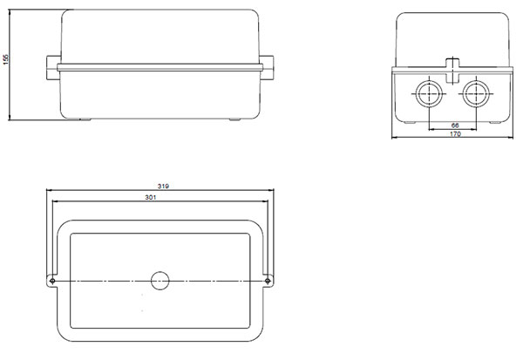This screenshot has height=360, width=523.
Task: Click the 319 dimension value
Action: tap(163, 187)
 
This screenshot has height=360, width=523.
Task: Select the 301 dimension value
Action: tap(151, 197)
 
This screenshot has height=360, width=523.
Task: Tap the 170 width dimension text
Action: tap(455, 133)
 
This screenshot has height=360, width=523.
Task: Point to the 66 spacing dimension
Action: tap(455, 126)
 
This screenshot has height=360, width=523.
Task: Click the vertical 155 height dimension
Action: tap(6, 59)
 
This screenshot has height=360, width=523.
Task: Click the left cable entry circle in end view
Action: tap(429, 94)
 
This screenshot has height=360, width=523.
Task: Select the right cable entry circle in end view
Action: tap(476, 94)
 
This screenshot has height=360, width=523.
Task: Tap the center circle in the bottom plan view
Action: tap(160, 281)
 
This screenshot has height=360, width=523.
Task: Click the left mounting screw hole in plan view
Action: tap(52, 281)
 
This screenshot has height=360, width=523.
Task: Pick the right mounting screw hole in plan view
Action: tap(268, 281)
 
